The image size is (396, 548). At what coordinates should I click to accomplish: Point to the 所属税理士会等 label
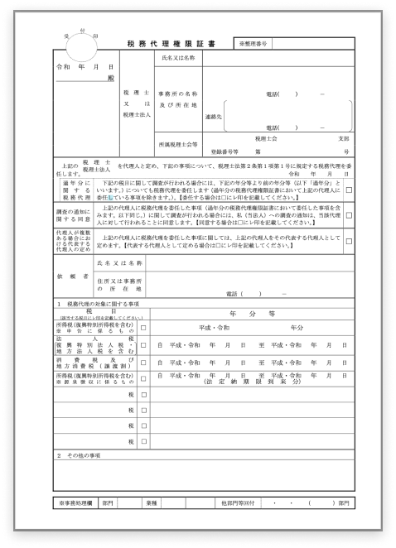pyautogui.click(x=178, y=143)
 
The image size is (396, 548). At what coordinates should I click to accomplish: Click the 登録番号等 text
pyautogui.click(x=225, y=153)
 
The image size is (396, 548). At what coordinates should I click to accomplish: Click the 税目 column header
pyautogui.click(x=89, y=310)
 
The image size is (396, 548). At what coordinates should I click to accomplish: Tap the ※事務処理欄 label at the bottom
pyautogui.click(x=76, y=502)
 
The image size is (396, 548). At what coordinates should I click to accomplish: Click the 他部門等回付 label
pyautogui.click(x=242, y=502)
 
